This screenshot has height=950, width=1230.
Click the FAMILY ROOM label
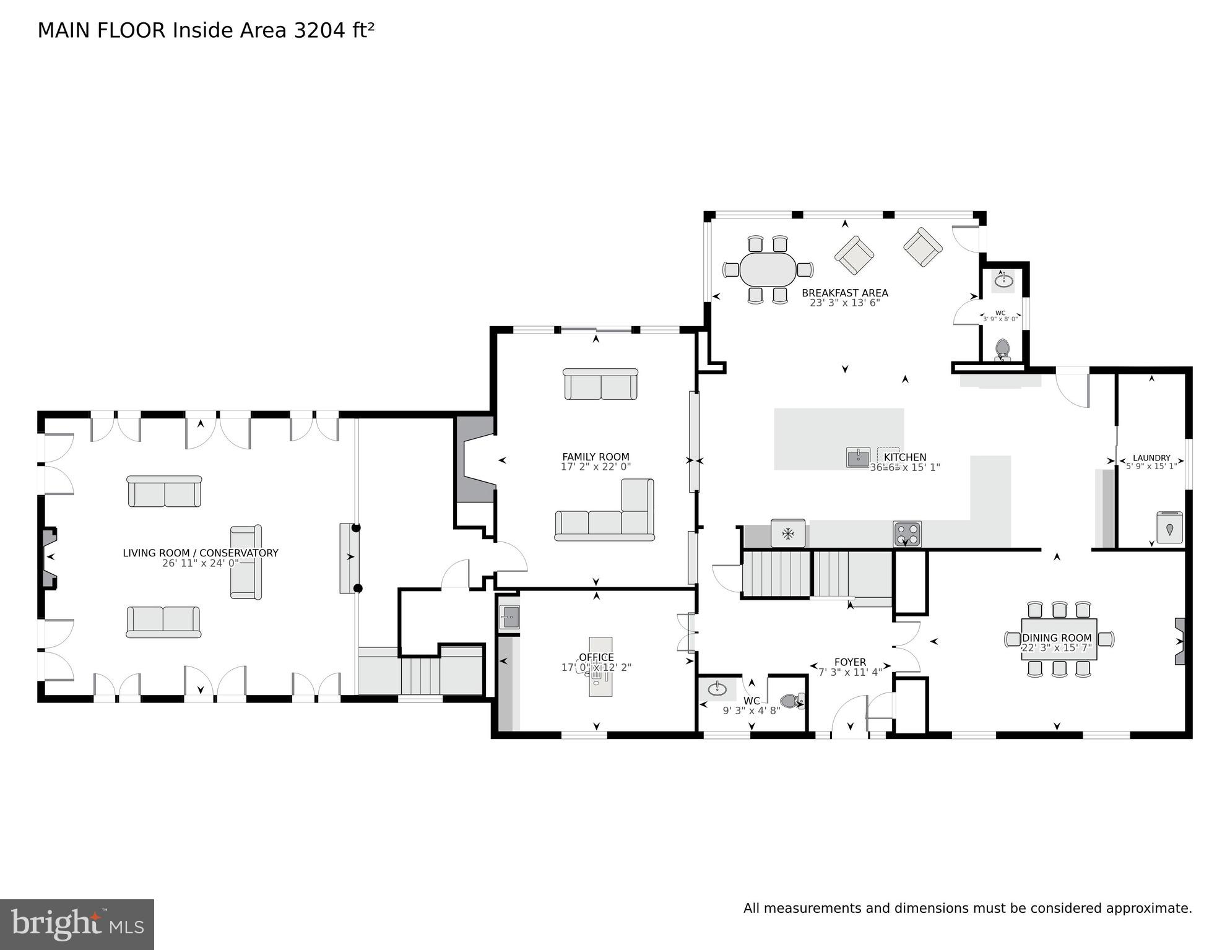596,457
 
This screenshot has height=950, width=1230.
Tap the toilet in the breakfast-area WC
1002,349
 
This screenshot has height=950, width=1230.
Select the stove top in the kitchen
907,533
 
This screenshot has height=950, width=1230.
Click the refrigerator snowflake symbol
788,533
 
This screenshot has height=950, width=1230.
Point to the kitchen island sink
858,457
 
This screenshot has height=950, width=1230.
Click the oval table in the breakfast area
768,270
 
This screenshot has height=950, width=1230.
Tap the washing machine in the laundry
1169,527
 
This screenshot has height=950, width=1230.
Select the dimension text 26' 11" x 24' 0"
200,563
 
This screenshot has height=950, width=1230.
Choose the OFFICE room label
596,657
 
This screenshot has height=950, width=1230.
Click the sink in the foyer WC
717,689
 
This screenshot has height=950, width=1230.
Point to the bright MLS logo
77,925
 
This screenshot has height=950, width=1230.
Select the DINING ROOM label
1057,637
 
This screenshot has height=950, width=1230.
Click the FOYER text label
849,662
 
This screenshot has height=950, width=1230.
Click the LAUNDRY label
1151,458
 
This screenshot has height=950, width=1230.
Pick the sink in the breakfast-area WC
1003,281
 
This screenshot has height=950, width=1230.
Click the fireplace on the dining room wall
1180,641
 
